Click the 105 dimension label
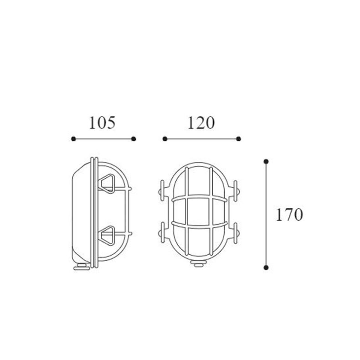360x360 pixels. pos(103,123)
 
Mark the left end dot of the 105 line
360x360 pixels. pos(73,139)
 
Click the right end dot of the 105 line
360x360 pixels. pos(134,139)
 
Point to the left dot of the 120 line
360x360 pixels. pos(165,139)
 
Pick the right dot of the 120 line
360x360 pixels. pos(239,139)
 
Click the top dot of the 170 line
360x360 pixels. pos(267,161)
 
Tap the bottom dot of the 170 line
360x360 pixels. pos(267,267)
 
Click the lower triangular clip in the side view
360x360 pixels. pos(109,236)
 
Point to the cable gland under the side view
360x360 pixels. pos(82,267)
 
